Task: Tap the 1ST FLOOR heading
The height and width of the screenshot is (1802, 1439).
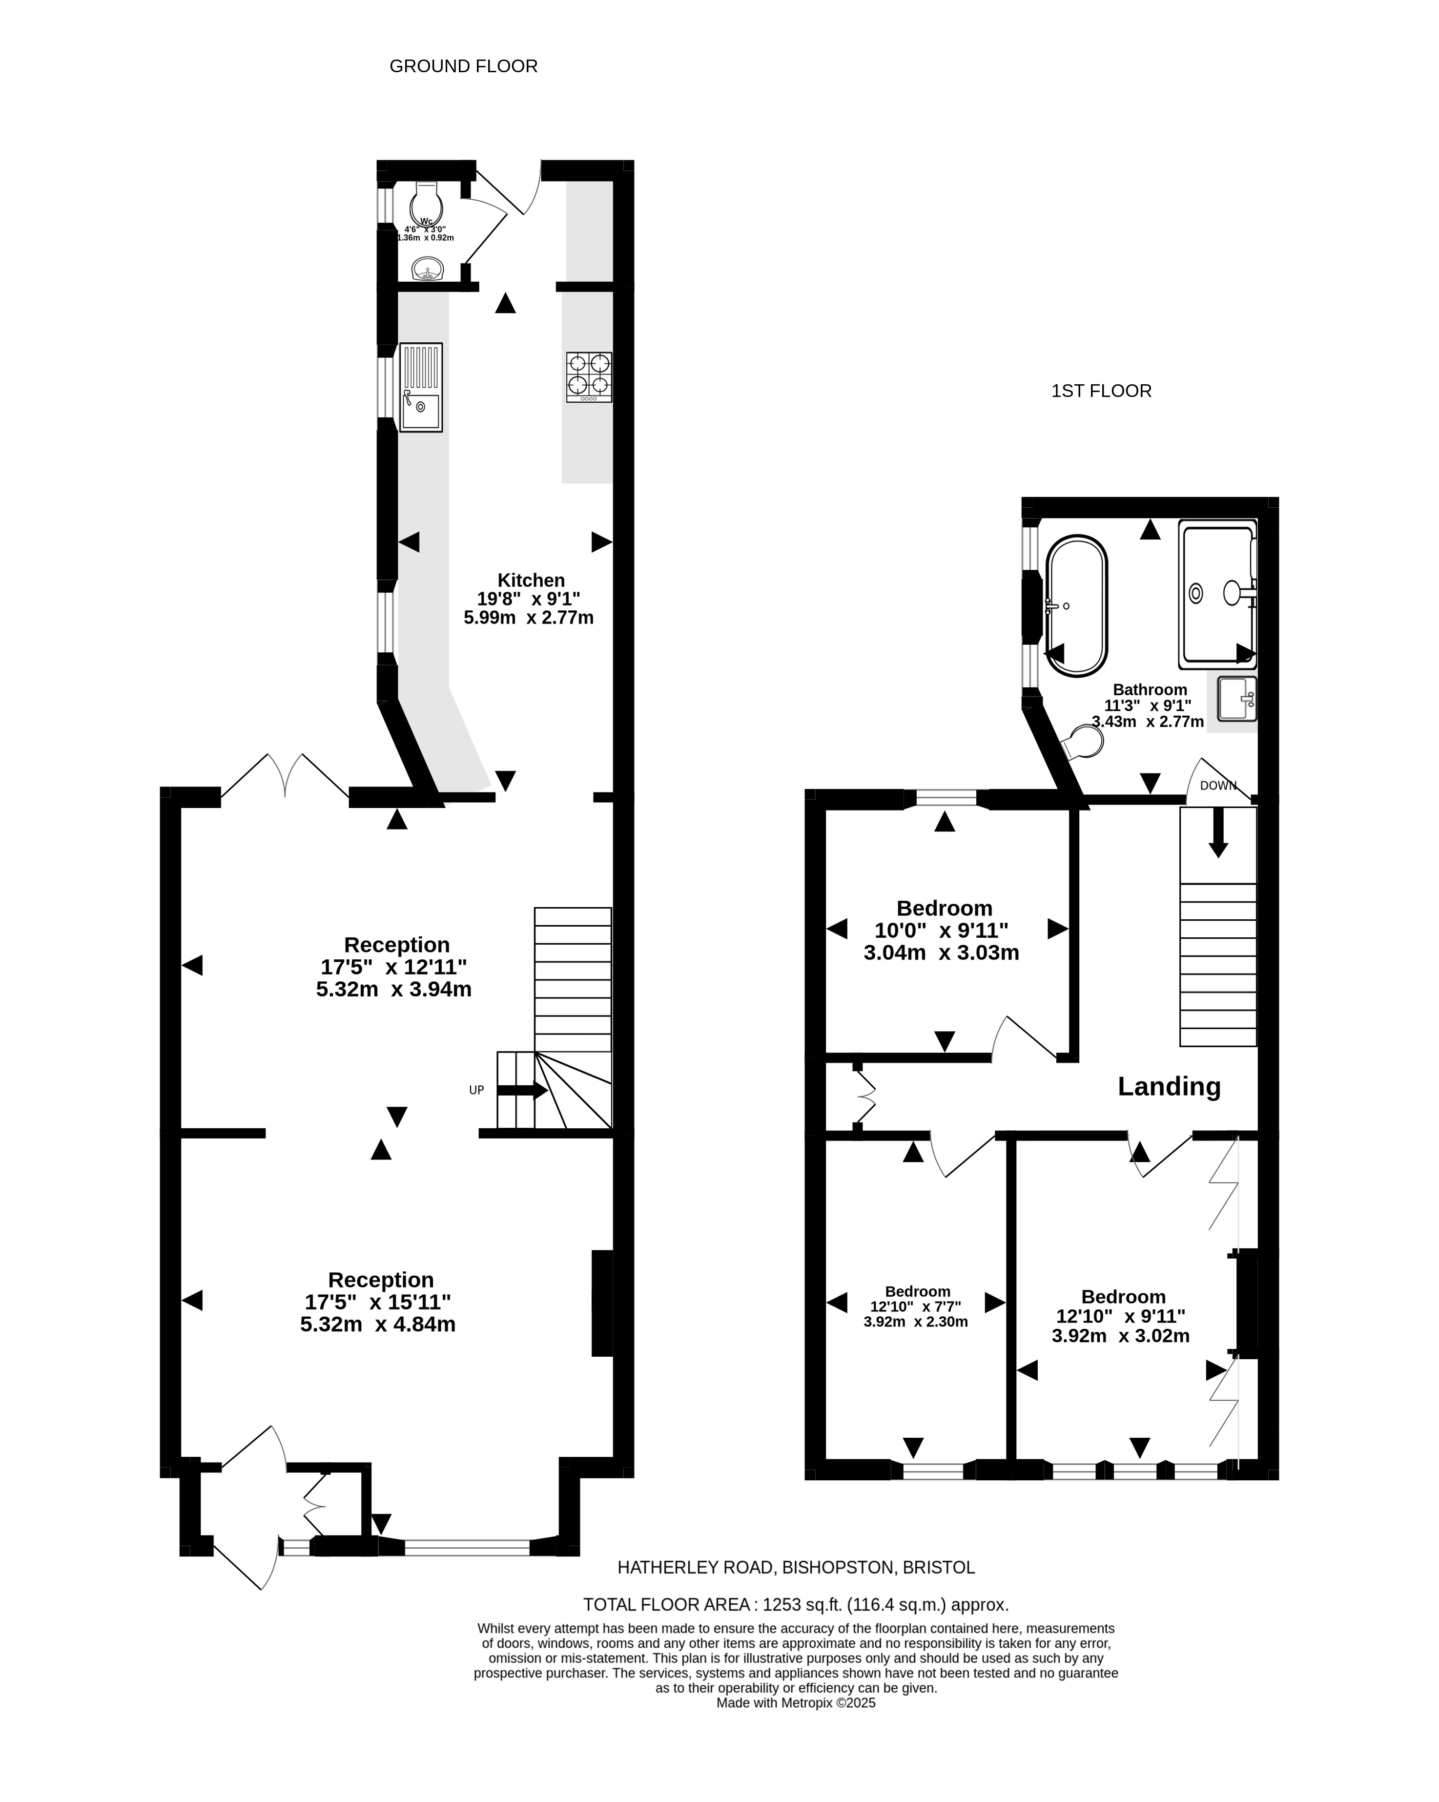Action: point(1101,391)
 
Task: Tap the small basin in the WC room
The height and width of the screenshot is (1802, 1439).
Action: point(428,269)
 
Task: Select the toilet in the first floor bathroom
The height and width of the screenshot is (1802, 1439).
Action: point(1084,742)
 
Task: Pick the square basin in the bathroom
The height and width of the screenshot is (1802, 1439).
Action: point(1236,699)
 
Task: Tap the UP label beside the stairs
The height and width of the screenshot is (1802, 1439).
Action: point(476,1090)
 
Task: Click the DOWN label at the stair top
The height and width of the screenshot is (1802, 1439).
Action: point(1217,786)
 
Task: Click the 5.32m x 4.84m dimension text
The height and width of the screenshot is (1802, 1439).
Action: point(378,1324)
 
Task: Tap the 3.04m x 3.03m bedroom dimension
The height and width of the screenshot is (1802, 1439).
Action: point(941,952)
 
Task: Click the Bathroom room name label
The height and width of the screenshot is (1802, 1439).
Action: point(1150,689)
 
